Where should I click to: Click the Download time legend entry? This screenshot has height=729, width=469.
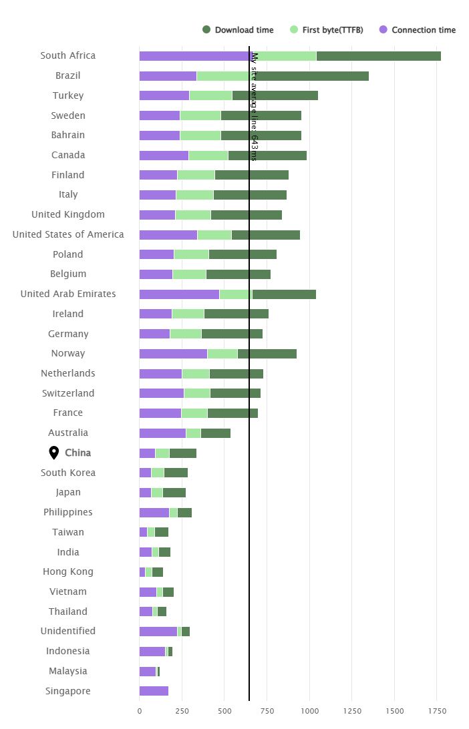coord(238,30)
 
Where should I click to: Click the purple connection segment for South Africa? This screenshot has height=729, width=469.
coord(194,56)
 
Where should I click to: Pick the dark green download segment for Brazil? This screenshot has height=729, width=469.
coord(311,76)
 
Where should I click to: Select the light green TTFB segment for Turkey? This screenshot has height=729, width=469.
coord(210,95)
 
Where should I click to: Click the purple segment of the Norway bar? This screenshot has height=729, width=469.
coord(173,354)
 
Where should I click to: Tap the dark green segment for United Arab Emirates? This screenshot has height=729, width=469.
coord(284,294)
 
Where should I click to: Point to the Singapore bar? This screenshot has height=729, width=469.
coord(154,691)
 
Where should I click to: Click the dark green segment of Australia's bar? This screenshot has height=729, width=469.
coord(215,433)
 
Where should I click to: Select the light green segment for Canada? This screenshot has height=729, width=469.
coord(208,156)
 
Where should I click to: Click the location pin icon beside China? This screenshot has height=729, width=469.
coord(54,453)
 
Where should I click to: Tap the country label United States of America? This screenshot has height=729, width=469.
coord(68,234)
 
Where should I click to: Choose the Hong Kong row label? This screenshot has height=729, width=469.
coord(68,571)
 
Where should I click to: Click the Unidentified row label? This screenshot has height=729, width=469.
coord(68,631)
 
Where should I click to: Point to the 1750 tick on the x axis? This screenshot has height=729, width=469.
coord(437,712)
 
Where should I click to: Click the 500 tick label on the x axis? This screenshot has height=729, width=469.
coord(224,712)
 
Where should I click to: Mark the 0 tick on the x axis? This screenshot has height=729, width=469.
coord(140,712)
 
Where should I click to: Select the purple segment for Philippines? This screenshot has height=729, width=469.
coord(154,513)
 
